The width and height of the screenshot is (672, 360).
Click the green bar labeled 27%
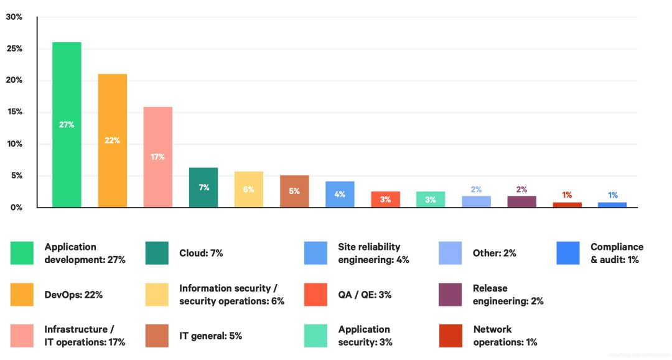pos(67,124)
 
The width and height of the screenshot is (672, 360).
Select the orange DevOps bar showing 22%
pos(112,141)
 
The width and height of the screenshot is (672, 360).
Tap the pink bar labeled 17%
pos(157,157)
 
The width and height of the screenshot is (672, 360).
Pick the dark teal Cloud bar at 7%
pos(203,187)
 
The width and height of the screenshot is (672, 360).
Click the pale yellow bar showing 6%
pos(248,190)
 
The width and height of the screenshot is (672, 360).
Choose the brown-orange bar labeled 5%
pos(294,192)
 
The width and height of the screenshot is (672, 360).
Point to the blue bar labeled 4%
pos(340,194)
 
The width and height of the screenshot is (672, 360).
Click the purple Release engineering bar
pos(521,201)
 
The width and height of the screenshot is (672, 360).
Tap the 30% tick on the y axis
pos(14,17)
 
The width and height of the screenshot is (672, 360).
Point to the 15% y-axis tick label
pos(14,112)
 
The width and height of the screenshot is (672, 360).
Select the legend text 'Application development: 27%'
pos(85,253)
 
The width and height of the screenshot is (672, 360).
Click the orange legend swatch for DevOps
pos(22,295)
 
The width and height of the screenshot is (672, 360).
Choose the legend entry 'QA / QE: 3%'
pos(365,295)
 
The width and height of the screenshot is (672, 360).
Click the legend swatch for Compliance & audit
pos(568,253)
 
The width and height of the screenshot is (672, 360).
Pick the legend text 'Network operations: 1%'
pos(505,336)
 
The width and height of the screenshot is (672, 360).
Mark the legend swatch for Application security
pos(315,336)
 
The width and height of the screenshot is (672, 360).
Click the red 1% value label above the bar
pos(567,195)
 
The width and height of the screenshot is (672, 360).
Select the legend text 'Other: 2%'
pos(494,253)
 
